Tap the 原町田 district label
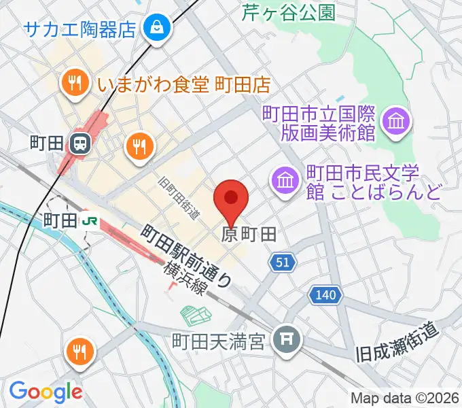click(249, 235)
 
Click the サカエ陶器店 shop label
click(81, 29)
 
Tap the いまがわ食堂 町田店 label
click(183, 84)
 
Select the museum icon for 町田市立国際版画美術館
click(393, 122)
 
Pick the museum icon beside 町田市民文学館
click(284, 181)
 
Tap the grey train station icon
click(79, 143)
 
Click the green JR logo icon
click(88, 220)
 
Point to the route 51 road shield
click(283, 262)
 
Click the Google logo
click(46, 391)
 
